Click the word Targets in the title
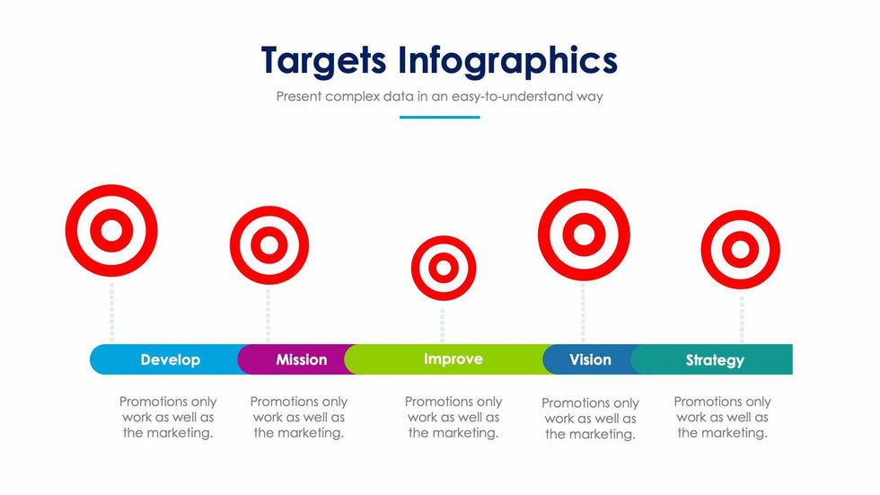324,61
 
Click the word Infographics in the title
508,61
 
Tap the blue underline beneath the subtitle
439,118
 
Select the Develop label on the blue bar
170,359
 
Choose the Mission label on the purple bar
302,359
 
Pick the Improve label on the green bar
453,359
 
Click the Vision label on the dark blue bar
591,359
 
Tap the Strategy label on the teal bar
715,360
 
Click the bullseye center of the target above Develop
111,231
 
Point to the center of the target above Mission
269,245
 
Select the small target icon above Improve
444,269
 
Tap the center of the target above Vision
584,234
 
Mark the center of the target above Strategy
740,250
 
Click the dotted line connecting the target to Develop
111,311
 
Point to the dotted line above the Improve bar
442,325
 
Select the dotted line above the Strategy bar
742,319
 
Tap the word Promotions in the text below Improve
429,402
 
